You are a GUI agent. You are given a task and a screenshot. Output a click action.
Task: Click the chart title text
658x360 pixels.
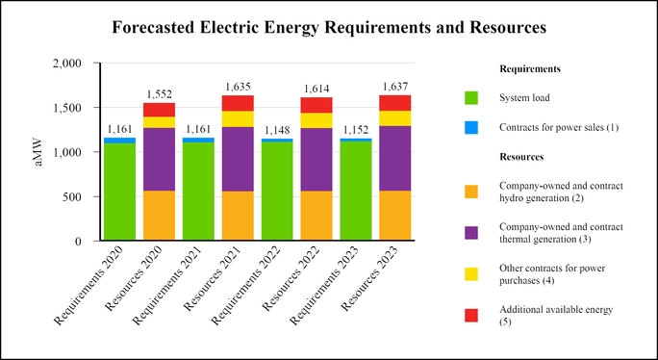329,28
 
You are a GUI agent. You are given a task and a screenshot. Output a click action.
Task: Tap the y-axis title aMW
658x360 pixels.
38,152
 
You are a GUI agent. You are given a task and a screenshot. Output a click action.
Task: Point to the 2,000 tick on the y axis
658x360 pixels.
77,64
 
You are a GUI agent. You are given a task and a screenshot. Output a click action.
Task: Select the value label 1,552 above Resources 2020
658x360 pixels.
160,94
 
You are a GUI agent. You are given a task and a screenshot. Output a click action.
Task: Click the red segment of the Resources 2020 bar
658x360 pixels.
160,110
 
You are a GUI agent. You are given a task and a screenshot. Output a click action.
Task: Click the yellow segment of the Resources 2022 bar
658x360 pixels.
316,120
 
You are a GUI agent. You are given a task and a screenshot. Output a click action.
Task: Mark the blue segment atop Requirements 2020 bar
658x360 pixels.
120,141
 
